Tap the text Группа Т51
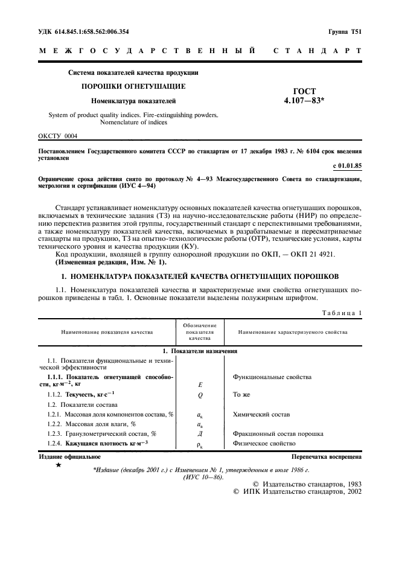(345, 31)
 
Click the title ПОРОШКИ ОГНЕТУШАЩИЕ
(133, 86)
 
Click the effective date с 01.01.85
(347, 165)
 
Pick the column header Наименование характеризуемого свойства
(293, 332)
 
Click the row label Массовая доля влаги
(92, 424)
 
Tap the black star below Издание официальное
(59, 465)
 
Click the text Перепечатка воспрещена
(327, 457)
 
